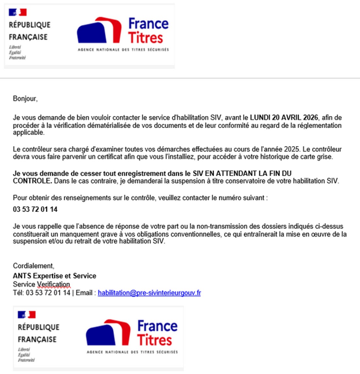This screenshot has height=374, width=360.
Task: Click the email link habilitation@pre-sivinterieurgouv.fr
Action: point(149,293)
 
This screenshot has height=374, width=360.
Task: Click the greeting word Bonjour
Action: point(25,98)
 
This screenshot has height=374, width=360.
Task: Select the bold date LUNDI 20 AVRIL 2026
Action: point(284,118)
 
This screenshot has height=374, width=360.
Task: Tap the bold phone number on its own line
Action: point(35,209)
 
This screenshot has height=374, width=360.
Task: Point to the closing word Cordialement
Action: point(33,266)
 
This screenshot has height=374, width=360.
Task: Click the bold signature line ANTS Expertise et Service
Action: point(55,276)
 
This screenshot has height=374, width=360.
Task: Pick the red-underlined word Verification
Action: point(54,284)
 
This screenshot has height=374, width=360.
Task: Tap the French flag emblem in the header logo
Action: point(18,12)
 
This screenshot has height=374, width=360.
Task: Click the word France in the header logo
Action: point(148,24)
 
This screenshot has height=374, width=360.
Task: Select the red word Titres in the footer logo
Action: point(154,340)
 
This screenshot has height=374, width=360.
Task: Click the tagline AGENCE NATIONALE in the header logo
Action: point(98,50)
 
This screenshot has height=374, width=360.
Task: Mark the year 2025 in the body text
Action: point(291,149)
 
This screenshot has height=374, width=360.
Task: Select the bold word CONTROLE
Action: point(32,181)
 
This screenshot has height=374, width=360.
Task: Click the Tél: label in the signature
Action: point(18,293)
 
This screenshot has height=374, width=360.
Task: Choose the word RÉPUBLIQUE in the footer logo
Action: point(39,327)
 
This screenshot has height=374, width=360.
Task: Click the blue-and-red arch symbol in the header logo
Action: point(99,30)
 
